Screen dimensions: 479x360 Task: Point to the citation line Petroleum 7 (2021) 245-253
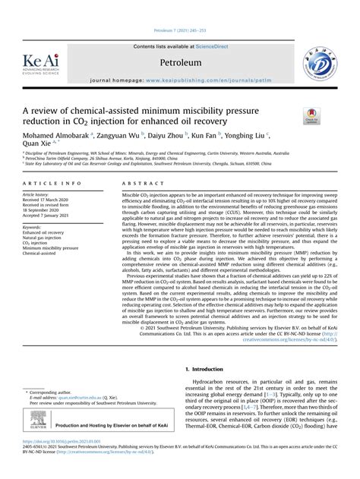(180, 11)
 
